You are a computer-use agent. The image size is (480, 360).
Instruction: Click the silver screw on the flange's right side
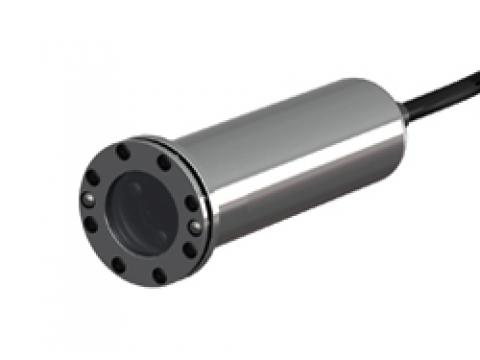tap(195, 226)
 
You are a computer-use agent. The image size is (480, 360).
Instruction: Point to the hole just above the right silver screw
tap(190, 203)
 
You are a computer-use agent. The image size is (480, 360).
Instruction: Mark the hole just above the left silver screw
tap(93, 176)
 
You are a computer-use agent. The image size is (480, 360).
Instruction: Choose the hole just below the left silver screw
tap(91, 225)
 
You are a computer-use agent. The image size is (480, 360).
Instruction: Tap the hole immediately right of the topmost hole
tap(164, 161)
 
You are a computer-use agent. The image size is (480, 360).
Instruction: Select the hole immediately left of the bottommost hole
tap(118, 265)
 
